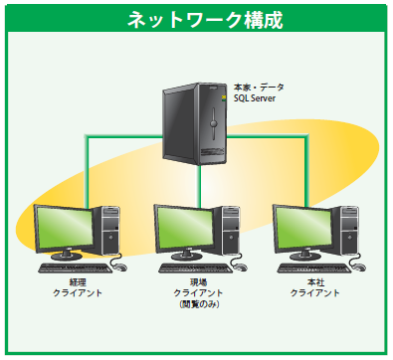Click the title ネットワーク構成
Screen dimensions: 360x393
197,19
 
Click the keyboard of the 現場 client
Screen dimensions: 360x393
190,268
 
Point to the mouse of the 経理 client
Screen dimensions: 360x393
119,268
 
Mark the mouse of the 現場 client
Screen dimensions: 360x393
239,268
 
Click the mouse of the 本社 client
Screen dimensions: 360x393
358,268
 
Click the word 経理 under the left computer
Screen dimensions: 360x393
78,282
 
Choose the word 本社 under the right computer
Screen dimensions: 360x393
315,282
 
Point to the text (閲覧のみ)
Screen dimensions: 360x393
198,304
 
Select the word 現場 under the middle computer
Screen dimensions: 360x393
198,282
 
